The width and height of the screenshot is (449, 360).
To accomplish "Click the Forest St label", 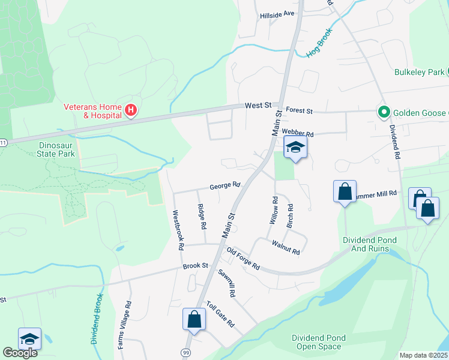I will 300,110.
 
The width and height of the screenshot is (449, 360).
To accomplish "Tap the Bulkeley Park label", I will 419,72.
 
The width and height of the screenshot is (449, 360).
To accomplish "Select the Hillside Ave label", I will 277,13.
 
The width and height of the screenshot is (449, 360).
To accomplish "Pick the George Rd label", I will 225,186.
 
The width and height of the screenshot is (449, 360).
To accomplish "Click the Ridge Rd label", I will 202,218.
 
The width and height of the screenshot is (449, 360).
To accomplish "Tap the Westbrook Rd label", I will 178,230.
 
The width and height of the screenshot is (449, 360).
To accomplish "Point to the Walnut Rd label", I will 285,247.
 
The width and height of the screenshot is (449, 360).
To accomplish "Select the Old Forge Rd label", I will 243,259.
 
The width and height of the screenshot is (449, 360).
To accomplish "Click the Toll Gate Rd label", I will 220,314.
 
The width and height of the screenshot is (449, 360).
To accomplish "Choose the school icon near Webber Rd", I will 295,148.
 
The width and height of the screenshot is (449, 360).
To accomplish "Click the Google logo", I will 20,353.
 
